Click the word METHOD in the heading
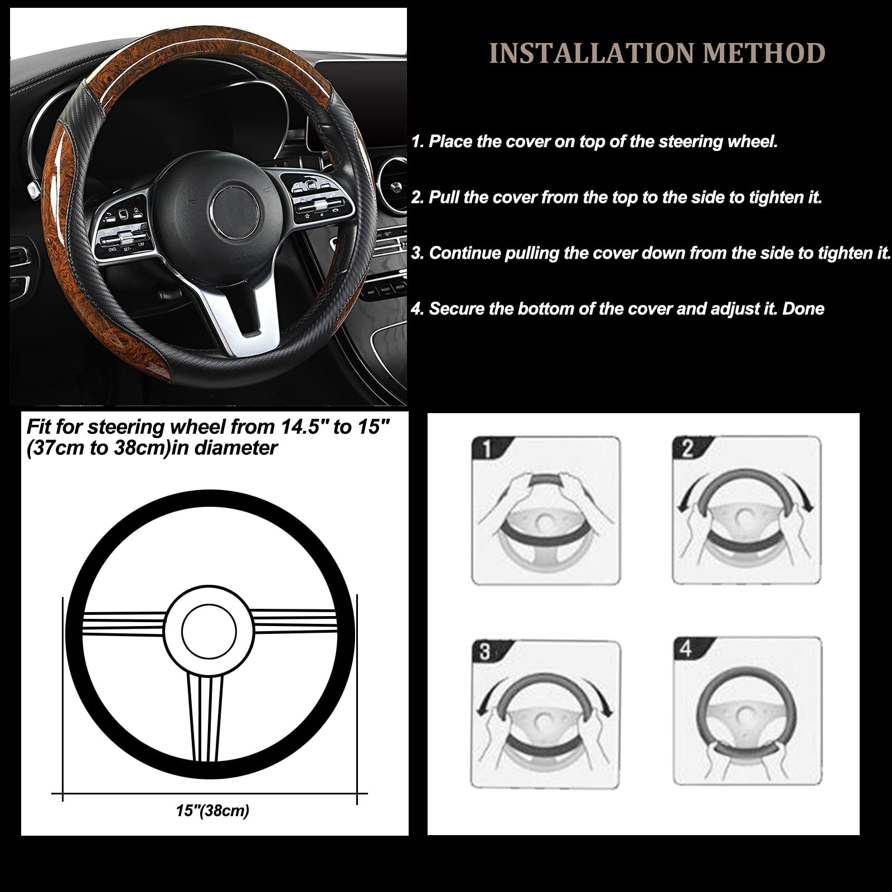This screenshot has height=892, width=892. point(764,53)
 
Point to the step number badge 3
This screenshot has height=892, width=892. point(485,651)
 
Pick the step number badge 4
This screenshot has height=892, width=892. point(686,648)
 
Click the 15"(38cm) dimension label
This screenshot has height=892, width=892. point(212,810)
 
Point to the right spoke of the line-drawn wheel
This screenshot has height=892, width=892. point(295,622)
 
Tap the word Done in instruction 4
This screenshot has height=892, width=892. point(803,308)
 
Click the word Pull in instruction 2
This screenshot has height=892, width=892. point(444,197)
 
